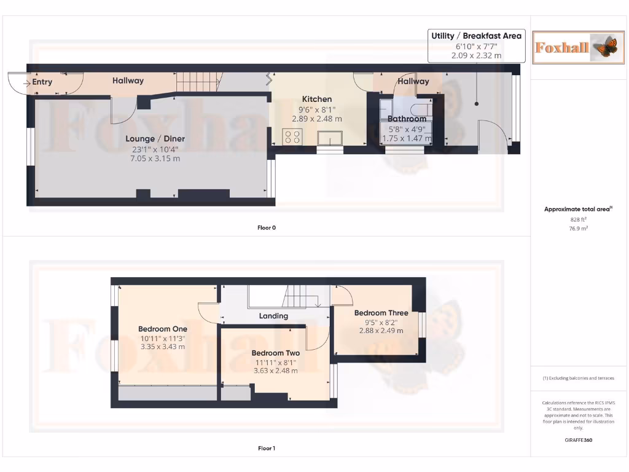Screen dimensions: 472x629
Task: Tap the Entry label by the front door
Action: coord(42,82)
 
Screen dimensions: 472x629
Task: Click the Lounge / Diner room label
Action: coord(155,139)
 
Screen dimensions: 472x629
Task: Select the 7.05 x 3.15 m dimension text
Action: coord(155,159)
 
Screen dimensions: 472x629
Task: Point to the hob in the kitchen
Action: coord(292,136)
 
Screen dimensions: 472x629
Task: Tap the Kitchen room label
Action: coord(316,99)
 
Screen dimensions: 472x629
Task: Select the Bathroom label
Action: coord(407,119)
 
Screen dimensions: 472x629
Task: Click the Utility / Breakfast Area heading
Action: coord(476,36)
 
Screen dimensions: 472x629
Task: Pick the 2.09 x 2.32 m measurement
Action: coord(476,55)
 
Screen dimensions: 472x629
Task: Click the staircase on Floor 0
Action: coord(198,81)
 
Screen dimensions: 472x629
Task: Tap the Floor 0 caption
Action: coord(267,227)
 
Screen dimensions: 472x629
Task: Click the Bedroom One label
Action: coord(162,329)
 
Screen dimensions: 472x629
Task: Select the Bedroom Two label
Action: coord(275,353)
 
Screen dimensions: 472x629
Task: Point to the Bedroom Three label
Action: coord(381,313)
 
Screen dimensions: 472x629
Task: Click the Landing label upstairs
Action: coord(273,316)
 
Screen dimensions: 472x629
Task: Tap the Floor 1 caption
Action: coord(267,448)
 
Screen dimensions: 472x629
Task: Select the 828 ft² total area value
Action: coord(578,219)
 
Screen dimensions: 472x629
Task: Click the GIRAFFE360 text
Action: coord(578,440)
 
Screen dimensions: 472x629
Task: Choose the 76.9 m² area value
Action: coord(578,228)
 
